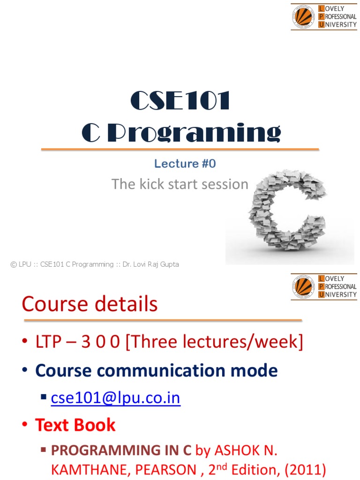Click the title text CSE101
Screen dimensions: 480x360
click(x=180, y=101)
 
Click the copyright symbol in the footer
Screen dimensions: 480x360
click(x=14, y=264)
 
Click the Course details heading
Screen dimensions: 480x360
click(x=90, y=305)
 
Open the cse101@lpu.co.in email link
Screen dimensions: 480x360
click(x=116, y=398)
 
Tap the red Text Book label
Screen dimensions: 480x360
click(x=75, y=425)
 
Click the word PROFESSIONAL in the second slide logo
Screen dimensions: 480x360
click(x=340, y=286)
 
